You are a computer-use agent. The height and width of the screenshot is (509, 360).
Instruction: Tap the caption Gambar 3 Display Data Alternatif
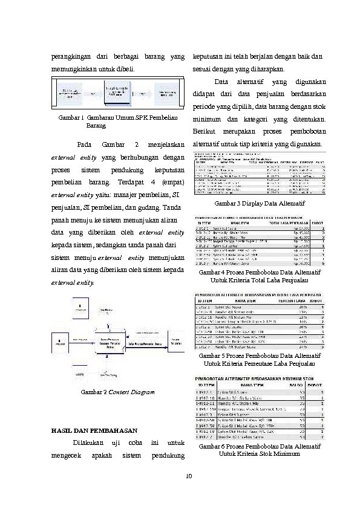pos(260,203)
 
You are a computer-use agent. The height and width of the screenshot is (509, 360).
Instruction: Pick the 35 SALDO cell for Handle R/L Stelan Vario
pos(302,400)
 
